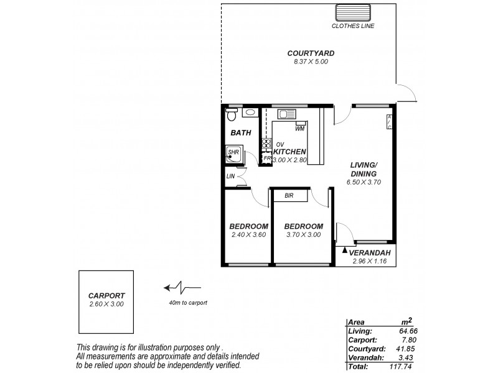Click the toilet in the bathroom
(232, 114)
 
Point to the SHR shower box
(234, 154)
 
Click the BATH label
(240, 132)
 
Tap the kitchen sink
(287, 114)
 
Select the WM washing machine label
(299, 129)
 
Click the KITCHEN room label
(289, 151)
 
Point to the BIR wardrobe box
(289, 196)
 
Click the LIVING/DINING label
(363, 169)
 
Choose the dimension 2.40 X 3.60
(248, 235)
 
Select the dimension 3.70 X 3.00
(303, 235)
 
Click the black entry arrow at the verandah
(344, 249)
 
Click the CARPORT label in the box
(107, 295)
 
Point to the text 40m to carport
(187, 303)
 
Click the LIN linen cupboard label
(230, 177)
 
